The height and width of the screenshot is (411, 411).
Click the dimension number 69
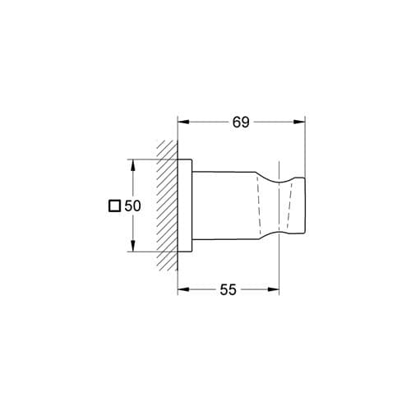click(x=241, y=122)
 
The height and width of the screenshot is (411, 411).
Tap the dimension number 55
click(x=228, y=289)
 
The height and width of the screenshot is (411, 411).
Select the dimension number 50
click(x=132, y=205)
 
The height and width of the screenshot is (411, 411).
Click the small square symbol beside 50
click(x=114, y=206)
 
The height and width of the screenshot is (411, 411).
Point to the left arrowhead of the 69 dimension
click(x=183, y=122)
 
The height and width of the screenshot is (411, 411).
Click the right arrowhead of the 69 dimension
click(x=299, y=122)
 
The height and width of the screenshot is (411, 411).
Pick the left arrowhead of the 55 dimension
click(x=183, y=289)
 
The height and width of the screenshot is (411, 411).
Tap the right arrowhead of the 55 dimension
click(x=273, y=289)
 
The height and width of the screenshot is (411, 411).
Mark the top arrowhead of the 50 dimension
click(x=133, y=165)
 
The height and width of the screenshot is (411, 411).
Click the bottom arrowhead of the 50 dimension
click(x=133, y=246)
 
